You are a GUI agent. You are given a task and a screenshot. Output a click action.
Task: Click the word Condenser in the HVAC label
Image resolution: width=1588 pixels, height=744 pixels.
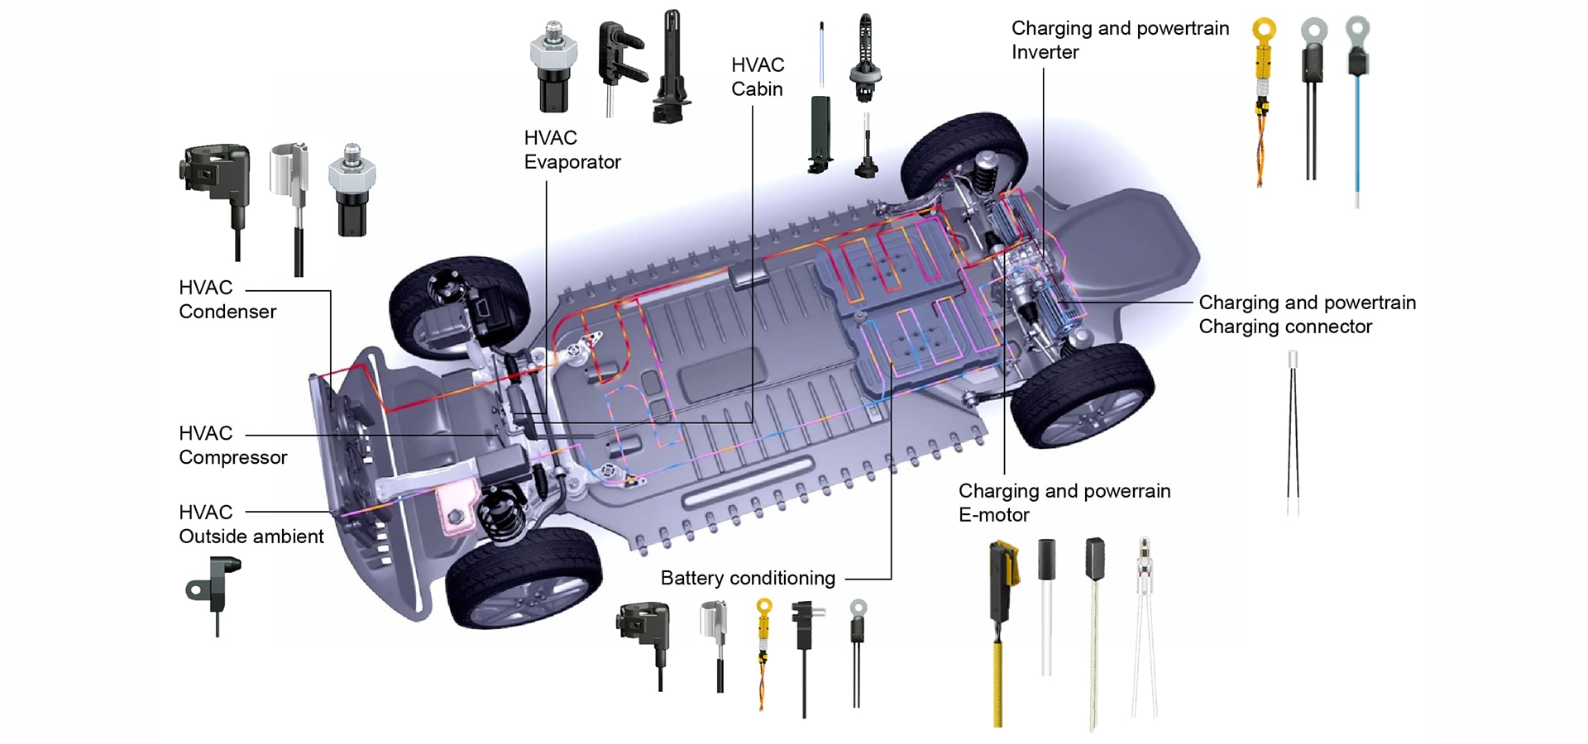click(x=227, y=312)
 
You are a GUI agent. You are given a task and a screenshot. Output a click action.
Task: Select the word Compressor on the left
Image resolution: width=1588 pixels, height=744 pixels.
click(x=232, y=457)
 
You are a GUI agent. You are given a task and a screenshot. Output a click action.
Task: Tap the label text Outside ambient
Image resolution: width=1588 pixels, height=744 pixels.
click(x=251, y=537)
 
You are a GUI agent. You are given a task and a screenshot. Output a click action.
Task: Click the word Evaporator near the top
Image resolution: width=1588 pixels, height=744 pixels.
click(x=572, y=162)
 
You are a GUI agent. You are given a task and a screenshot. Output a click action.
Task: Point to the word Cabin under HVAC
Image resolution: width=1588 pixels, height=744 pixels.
click(x=757, y=89)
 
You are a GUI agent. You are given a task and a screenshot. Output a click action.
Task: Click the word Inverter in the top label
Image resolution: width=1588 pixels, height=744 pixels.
click(x=1045, y=52)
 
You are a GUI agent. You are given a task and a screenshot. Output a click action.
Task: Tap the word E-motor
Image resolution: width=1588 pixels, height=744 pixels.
click(x=993, y=515)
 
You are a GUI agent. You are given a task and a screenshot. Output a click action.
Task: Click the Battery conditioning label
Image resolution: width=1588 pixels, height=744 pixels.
click(x=747, y=578)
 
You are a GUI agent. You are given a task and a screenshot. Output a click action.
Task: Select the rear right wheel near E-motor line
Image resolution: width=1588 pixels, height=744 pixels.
click(x=1081, y=395)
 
